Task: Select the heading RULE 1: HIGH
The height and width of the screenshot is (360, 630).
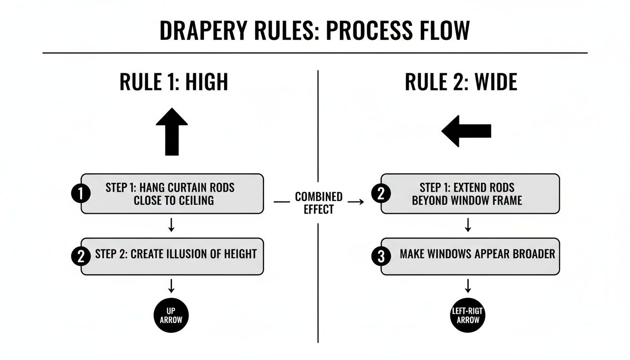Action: (174, 82)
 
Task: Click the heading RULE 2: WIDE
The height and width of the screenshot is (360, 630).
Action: (461, 82)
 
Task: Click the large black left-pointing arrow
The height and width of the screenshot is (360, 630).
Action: (466, 131)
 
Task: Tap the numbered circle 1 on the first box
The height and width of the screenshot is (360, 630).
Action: (80, 194)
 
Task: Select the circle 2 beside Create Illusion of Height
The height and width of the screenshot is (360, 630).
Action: (80, 256)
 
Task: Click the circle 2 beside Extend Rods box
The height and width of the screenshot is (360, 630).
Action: (380, 194)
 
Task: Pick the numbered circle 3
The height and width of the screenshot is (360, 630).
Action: (380, 256)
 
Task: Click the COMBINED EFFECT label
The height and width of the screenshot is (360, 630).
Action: (319, 202)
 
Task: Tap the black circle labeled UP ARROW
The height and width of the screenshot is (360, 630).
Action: (172, 315)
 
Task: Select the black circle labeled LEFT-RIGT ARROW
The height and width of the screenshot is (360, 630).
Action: (468, 315)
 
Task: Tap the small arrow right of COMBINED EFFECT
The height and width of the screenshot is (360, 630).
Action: (356, 202)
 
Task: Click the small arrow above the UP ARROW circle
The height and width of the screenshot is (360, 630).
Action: (172, 285)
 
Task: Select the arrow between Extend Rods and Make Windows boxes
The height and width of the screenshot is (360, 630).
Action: (468, 225)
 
